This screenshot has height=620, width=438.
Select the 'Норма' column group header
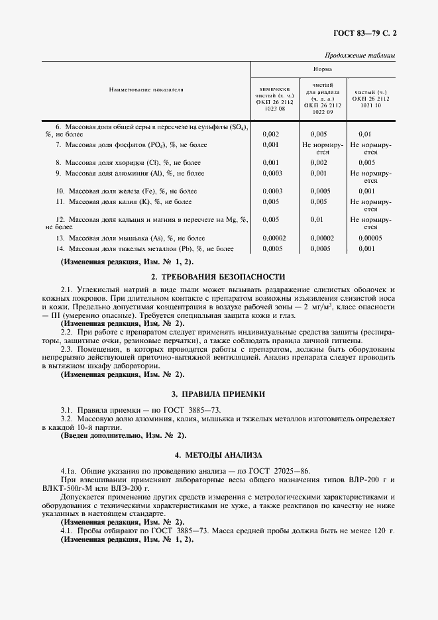pyautogui.click(x=323, y=69)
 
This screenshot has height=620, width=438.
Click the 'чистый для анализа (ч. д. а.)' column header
pyautogui.click(x=323, y=91)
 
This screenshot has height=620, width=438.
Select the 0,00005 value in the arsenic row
pyautogui.click(x=371, y=237)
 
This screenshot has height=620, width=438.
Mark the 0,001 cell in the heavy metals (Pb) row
pyautogui.click(x=366, y=248)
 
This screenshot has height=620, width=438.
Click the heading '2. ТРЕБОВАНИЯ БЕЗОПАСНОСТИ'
pyautogui.click(x=218, y=276)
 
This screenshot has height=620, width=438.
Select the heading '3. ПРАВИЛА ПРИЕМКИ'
pyautogui.click(x=218, y=393)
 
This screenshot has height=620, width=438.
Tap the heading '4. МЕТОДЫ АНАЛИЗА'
pyautogui.click(x=218, y=455)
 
